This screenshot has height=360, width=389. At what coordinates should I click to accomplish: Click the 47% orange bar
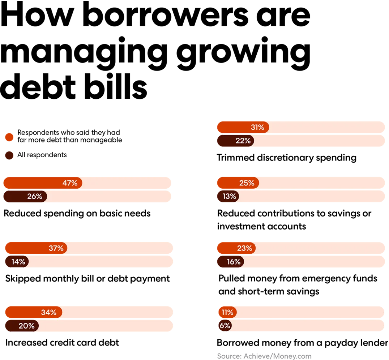click(43, 183)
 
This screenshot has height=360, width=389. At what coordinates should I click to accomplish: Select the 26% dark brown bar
click(25, 197)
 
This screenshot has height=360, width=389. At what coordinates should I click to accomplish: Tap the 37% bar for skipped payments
click(36, 248)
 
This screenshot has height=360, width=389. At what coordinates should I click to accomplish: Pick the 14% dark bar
click(17, 261)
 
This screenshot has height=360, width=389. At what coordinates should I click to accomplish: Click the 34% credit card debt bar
click(34, 312)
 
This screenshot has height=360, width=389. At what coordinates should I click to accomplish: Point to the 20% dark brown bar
click(22, 326)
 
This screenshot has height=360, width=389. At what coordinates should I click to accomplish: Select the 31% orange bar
click(243, 127)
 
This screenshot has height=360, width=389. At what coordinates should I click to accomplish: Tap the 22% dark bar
click(236, 141)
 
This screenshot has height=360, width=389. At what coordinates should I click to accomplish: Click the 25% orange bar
click(238, 183)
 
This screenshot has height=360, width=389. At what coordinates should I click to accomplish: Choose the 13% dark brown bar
click(228, 197)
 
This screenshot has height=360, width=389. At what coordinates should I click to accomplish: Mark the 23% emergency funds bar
click(236, 248)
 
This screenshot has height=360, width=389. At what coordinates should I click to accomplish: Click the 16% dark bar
click(231, 261)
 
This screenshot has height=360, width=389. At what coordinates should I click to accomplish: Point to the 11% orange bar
click(227, 312)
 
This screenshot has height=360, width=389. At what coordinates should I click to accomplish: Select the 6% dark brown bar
click(225, 326)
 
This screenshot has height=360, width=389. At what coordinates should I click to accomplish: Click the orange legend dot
click(9, 137)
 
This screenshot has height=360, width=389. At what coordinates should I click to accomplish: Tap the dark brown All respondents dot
click(9, 155)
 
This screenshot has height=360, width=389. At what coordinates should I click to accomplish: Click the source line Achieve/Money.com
click(264, 356)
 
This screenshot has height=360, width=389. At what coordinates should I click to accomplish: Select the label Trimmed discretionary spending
click(287, 158)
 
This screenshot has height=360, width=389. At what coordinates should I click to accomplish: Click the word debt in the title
click(38, 86)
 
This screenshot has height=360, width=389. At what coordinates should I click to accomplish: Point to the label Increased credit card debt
click(62, 343)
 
